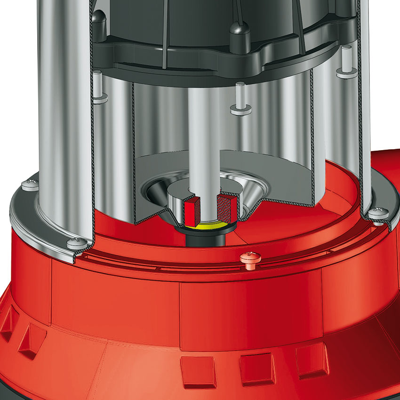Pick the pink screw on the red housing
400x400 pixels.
[248, 258]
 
